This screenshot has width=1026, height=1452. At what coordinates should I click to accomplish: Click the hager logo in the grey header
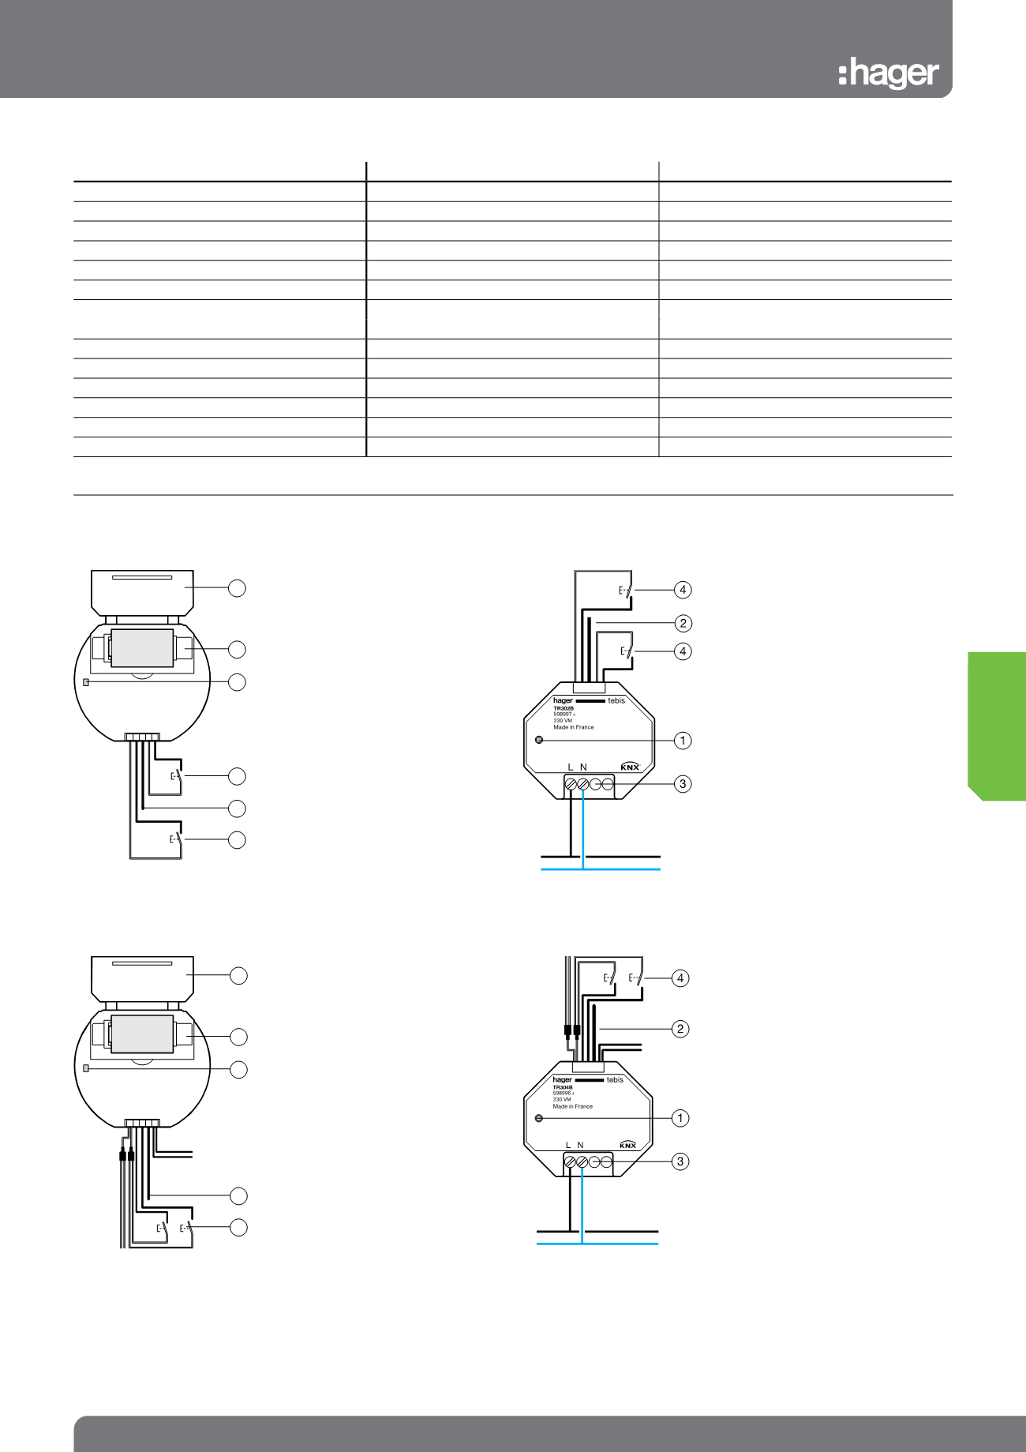[889, 73]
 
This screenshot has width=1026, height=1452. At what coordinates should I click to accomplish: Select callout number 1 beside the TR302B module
[683, 741]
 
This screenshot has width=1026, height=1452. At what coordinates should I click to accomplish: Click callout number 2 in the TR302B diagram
[683, 624]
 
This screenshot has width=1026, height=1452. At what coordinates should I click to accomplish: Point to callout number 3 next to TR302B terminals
[683, 784]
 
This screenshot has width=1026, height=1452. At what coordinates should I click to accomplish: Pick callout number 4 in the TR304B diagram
[680, 978]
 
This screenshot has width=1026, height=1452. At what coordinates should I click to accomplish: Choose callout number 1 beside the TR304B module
[680, 1118]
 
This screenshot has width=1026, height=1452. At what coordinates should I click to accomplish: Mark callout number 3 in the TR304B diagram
[680, 1161]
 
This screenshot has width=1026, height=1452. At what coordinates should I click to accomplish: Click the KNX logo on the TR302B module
[630, 767]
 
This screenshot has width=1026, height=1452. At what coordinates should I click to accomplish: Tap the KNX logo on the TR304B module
[627, 1145]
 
